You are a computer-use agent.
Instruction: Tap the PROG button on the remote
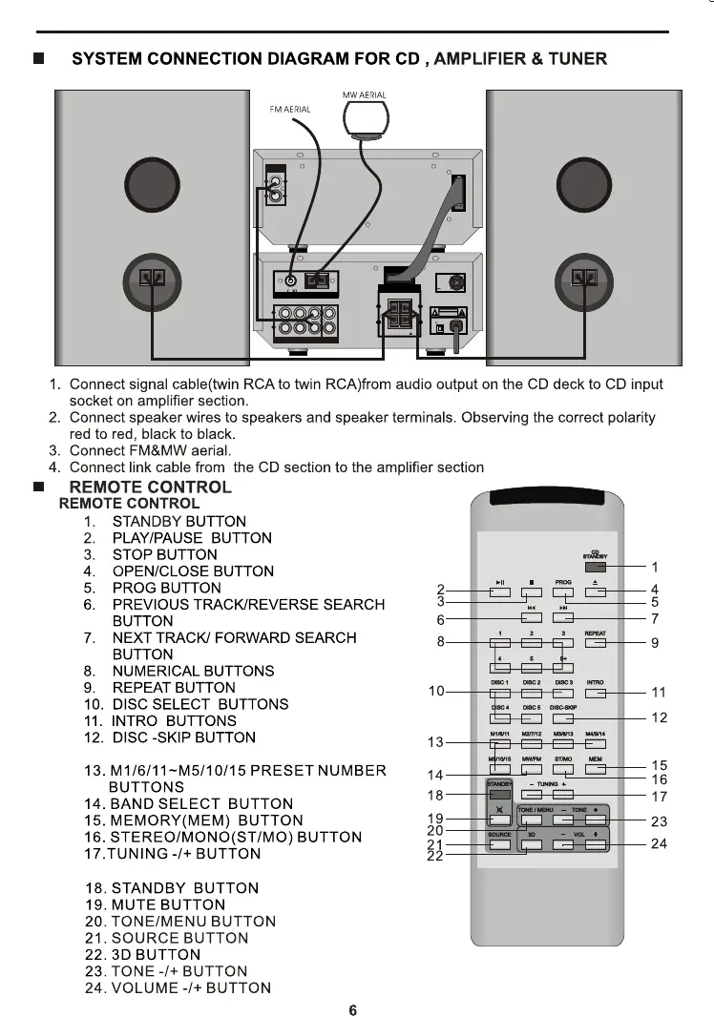564,592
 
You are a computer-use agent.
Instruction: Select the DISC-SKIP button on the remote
564,717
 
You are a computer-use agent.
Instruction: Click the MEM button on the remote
596,768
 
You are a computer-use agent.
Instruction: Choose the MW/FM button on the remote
532,768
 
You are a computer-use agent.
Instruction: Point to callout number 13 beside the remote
435,742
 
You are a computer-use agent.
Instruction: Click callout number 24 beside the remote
659,843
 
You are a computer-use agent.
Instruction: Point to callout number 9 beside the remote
655,643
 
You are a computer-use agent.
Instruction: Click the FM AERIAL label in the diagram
291,110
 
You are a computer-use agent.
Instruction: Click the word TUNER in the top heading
575,59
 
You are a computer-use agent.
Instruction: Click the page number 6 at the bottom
353,1010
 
